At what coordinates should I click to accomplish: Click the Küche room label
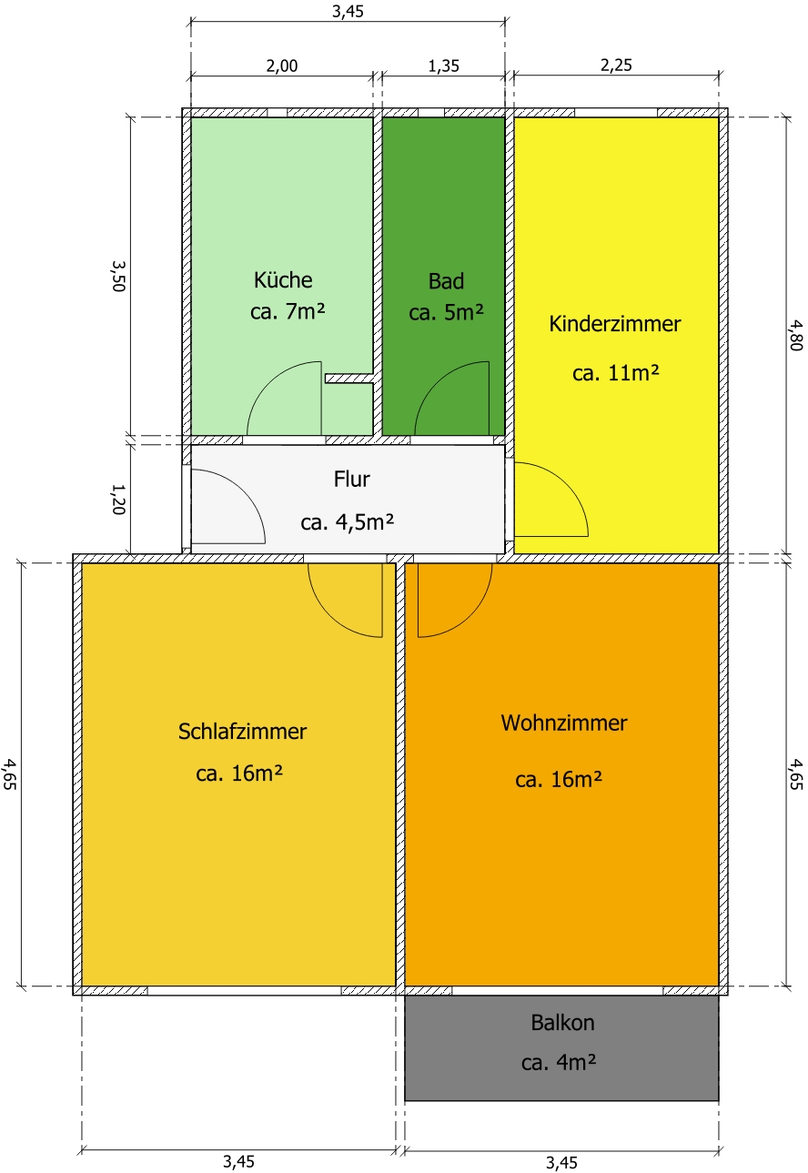click(x=283, y=280)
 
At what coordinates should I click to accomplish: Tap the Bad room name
click(x=446, y=282)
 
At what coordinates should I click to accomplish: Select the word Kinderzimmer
click(x=615, y=324)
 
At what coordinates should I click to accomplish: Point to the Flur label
click(x=352, y=480)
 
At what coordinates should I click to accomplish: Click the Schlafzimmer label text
click(x=242, y=732)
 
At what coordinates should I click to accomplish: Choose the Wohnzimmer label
click(x=564, y=723)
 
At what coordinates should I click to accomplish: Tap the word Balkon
click(x=563, y=1023)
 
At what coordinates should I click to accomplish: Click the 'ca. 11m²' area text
click(x=616, y=373)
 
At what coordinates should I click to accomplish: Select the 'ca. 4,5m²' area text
click(x=348, y=522)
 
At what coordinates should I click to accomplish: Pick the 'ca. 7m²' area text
click(x=288, y=311)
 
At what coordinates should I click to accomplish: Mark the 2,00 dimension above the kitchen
click(x=282, y=66)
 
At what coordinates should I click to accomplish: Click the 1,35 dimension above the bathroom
click(x=443, y=66)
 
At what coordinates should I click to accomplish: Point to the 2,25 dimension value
click(x=616, y=66)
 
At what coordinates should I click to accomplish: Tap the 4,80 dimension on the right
click(x=795, y=335)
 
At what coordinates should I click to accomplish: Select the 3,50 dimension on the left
click(x=119, y=276)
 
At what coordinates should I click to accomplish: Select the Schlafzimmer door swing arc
click(x=330, y=616)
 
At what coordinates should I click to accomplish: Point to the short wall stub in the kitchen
click(x=348, y=378)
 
